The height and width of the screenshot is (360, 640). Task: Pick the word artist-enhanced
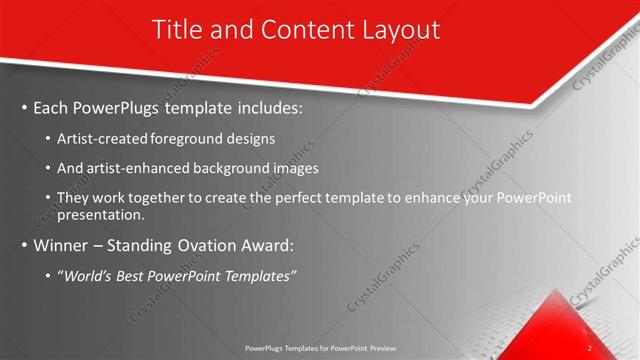click(x=137, y=168)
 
